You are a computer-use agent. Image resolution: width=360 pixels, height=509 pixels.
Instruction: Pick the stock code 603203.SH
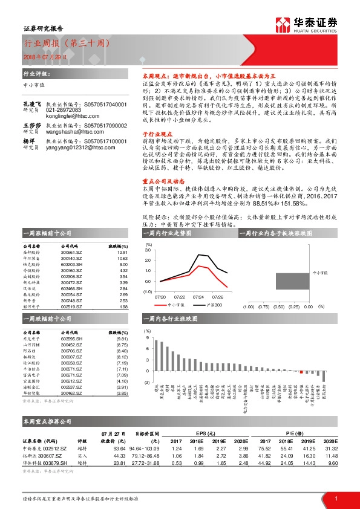[x=72, y=264]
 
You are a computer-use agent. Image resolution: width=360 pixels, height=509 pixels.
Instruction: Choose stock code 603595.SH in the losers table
[x=73, y=339]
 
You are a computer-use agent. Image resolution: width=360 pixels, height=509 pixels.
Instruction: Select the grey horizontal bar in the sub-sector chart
[x=292, y=282]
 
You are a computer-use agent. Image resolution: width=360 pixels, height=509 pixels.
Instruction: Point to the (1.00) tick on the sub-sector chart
[x=248, y=306]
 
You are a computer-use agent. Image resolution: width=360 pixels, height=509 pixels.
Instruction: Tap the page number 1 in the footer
[x=335, y=498]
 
